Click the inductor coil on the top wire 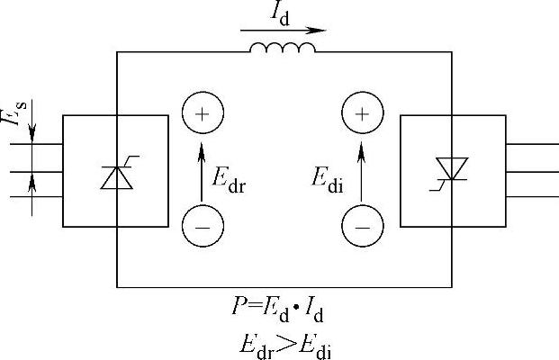(283, 47)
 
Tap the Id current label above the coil (281, 13)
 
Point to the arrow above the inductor (283, 30)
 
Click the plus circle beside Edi (362, 114)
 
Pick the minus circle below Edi (362, 227)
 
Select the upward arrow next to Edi (362, 171)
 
